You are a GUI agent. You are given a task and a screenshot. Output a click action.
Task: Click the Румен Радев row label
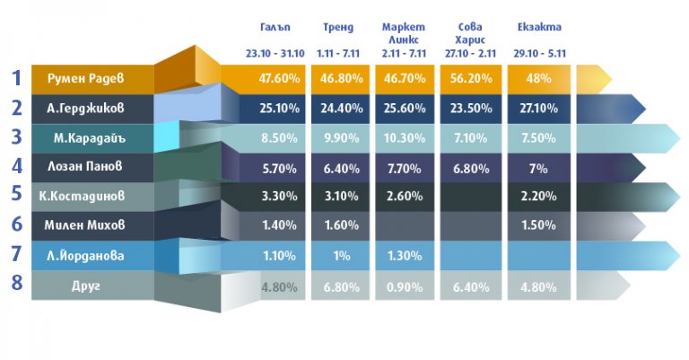click(86, 78)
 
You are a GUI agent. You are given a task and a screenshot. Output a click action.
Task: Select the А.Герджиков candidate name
click(86, 109)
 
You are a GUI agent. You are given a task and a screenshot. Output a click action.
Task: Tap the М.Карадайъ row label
click(86, 138)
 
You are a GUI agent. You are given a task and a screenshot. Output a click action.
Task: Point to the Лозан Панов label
click(86, 167)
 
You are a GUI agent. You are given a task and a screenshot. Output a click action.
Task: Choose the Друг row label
click(86, 285)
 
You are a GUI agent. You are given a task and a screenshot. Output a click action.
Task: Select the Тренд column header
click(337, 28)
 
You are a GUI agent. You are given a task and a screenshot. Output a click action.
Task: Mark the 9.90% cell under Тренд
click(337, 138)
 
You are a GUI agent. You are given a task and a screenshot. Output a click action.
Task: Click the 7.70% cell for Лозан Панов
click(403, 167)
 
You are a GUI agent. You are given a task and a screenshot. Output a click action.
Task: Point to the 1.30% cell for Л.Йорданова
click(403, 256)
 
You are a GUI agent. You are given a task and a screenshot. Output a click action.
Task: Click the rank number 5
click(16, 194)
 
